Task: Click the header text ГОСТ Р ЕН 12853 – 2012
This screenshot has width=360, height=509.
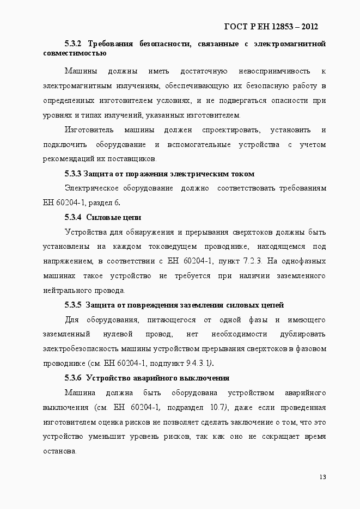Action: [x=271, y=26]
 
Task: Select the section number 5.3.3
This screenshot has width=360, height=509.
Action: [x=72, y=174]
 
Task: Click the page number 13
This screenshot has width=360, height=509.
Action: [x=322, y=477]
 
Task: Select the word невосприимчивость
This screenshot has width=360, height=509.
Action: [x=272, y=71]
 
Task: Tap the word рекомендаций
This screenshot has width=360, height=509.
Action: [x=71, y=159]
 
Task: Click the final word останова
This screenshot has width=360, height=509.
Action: [x=59, y=451]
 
